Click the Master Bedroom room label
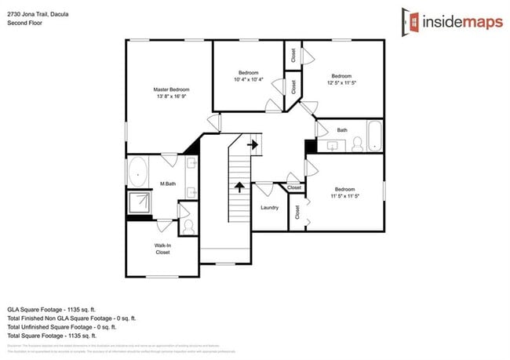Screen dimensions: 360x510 (171, 89)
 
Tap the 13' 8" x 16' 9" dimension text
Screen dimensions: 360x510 (171, 97)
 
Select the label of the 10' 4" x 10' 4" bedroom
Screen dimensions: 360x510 (249, 73)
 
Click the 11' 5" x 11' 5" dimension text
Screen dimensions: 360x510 (345, 196)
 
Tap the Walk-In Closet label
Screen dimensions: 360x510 (162, 249)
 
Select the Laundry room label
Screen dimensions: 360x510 (270, 207)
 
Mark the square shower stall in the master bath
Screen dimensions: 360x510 (140, 202)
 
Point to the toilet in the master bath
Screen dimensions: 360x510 (188, 226)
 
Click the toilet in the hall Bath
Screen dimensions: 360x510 (358, 144)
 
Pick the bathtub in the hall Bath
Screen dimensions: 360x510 (375, 138)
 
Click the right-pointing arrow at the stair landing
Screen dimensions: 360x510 (253, 144)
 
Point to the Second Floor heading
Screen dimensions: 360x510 (25, 23)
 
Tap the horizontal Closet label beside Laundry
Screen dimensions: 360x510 (294, 188)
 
